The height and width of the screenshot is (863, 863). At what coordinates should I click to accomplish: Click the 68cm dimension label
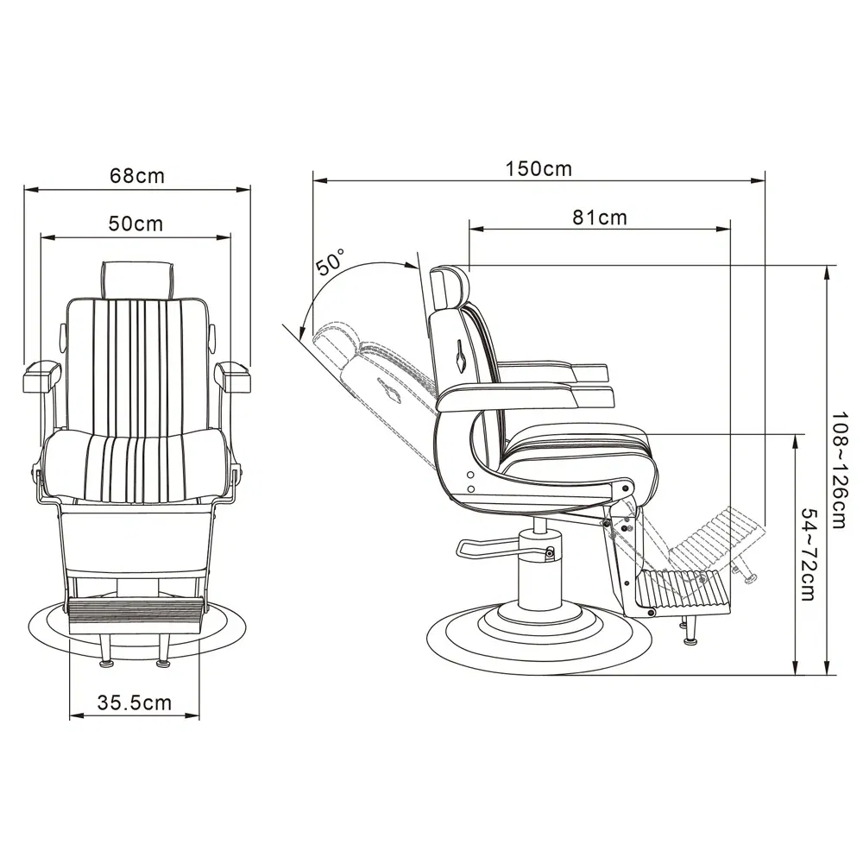137,175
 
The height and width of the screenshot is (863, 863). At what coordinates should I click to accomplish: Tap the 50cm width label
136,224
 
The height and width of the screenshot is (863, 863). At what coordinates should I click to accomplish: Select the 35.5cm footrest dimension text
135,702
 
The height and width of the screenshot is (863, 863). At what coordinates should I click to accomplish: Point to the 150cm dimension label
539,168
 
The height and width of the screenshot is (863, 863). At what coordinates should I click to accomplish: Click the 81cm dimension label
600,217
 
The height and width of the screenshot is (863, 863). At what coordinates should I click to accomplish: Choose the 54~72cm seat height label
808,554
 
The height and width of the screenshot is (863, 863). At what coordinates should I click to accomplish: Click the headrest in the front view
137,280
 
